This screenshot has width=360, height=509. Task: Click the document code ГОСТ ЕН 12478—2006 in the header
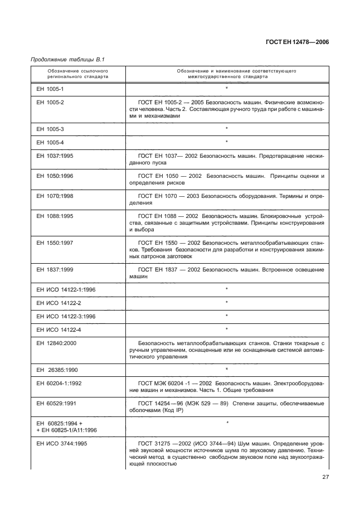(296, 42)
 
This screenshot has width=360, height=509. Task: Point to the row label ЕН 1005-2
(50, 103)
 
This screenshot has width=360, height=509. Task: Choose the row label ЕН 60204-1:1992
(59, 385)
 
